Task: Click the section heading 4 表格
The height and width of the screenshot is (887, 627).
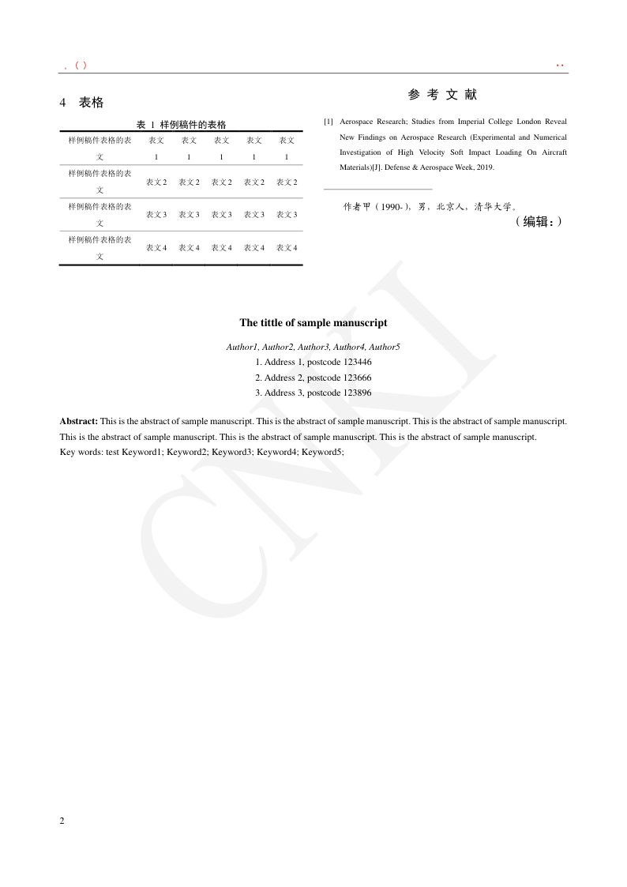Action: (82, 103)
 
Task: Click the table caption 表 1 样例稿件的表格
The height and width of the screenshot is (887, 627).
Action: (181, 125)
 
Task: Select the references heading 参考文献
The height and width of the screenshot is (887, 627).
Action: (442, 95)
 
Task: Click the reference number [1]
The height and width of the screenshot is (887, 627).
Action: (329, 122)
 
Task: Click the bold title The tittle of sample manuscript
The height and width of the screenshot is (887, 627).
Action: (313, 323)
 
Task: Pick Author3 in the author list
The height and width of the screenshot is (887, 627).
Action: (313, 347)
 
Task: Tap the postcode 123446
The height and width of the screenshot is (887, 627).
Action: (358, 362)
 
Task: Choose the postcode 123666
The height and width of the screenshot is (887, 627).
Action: (358, 378)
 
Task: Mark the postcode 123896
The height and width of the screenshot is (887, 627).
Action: (358, 393)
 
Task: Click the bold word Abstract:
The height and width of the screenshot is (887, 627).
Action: (79, 422)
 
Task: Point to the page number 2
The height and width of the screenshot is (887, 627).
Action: (62, 821)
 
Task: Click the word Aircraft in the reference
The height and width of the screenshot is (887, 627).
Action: (553, 152)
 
